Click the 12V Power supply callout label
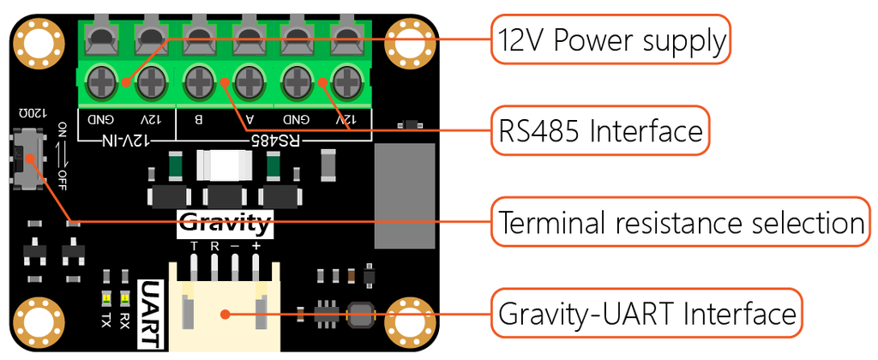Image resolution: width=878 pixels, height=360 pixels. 610,39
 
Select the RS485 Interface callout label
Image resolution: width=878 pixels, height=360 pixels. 600,131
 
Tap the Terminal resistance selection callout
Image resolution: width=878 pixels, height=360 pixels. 680,223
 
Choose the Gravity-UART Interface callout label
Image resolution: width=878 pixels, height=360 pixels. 647,314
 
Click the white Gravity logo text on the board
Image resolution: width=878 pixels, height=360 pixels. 225,225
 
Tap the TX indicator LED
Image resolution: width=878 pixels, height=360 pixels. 105,299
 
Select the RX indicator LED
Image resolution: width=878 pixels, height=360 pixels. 124,299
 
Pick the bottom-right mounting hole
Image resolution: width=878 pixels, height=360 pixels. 408,319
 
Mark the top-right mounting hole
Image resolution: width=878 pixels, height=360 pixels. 408,40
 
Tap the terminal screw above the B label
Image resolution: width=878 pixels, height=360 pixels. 199,83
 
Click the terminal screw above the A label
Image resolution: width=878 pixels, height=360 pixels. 248,83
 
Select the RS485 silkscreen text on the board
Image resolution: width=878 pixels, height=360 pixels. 273,137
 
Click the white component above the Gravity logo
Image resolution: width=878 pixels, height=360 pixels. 224,165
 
